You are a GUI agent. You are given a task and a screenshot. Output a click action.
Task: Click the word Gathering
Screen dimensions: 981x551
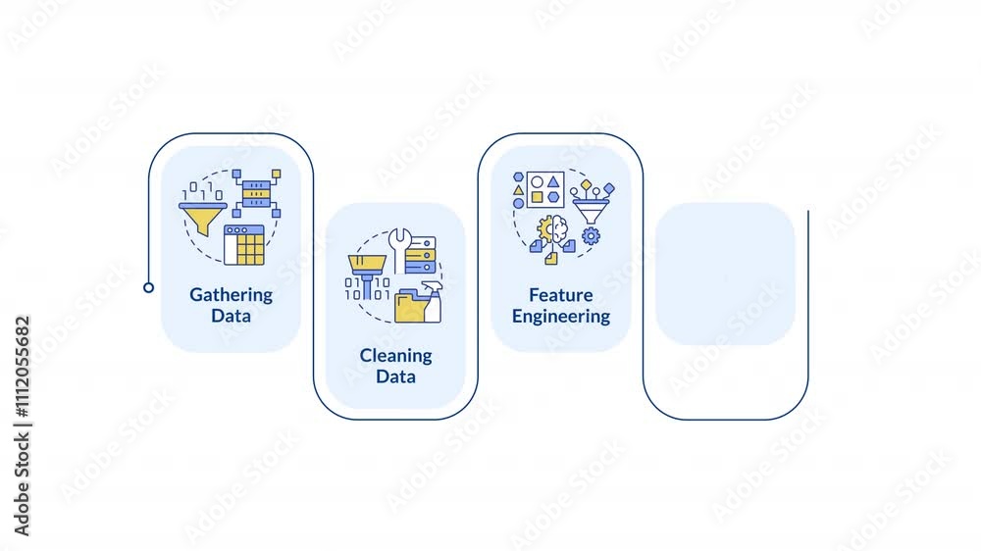[231, 295]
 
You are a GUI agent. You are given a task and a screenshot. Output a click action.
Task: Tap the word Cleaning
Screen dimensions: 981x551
[395, 356]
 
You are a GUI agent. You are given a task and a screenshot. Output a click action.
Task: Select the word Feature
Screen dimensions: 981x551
[560, 294]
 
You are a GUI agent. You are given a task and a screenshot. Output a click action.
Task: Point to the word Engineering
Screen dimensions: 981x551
[560, 317]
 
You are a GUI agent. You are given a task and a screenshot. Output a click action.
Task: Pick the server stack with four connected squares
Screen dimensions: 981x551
[256, 193]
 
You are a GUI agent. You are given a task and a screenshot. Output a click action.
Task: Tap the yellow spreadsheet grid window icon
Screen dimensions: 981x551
[244, 245]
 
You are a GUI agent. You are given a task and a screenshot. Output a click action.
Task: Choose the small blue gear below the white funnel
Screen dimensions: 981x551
[591, 235]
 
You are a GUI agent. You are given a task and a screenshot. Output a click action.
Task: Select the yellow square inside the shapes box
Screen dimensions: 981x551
[537, 198]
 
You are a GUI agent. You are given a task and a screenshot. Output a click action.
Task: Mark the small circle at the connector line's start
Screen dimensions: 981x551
[148, 287]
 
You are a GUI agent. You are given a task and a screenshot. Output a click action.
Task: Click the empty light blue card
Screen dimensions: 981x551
[725, 274]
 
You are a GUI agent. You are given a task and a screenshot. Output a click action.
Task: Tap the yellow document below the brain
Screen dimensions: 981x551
[550, 258]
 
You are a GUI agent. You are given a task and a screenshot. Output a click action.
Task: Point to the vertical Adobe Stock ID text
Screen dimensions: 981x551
[22, 426]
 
